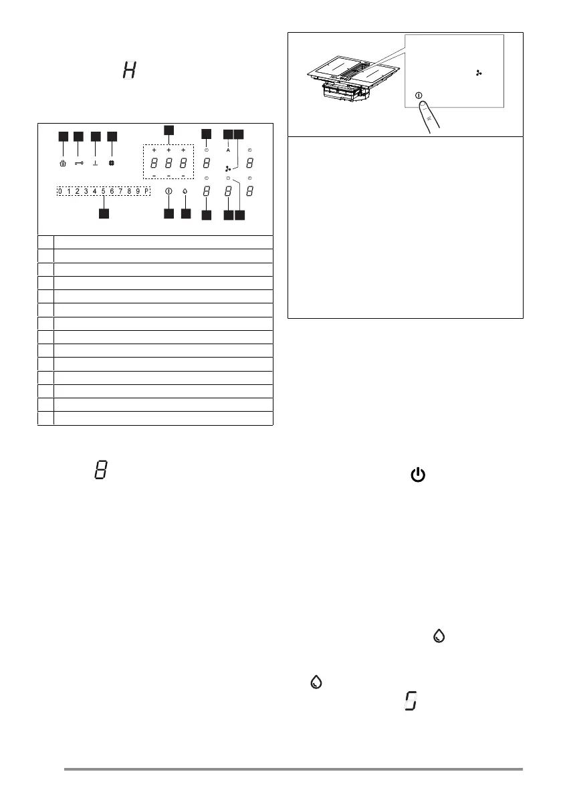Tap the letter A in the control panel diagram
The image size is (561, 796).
[228, 150]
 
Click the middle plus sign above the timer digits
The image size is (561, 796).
[169, 151]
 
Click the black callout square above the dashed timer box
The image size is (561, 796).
[169, 129]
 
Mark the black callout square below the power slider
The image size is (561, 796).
[104, 214]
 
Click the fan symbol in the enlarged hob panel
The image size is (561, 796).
[478, 72]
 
